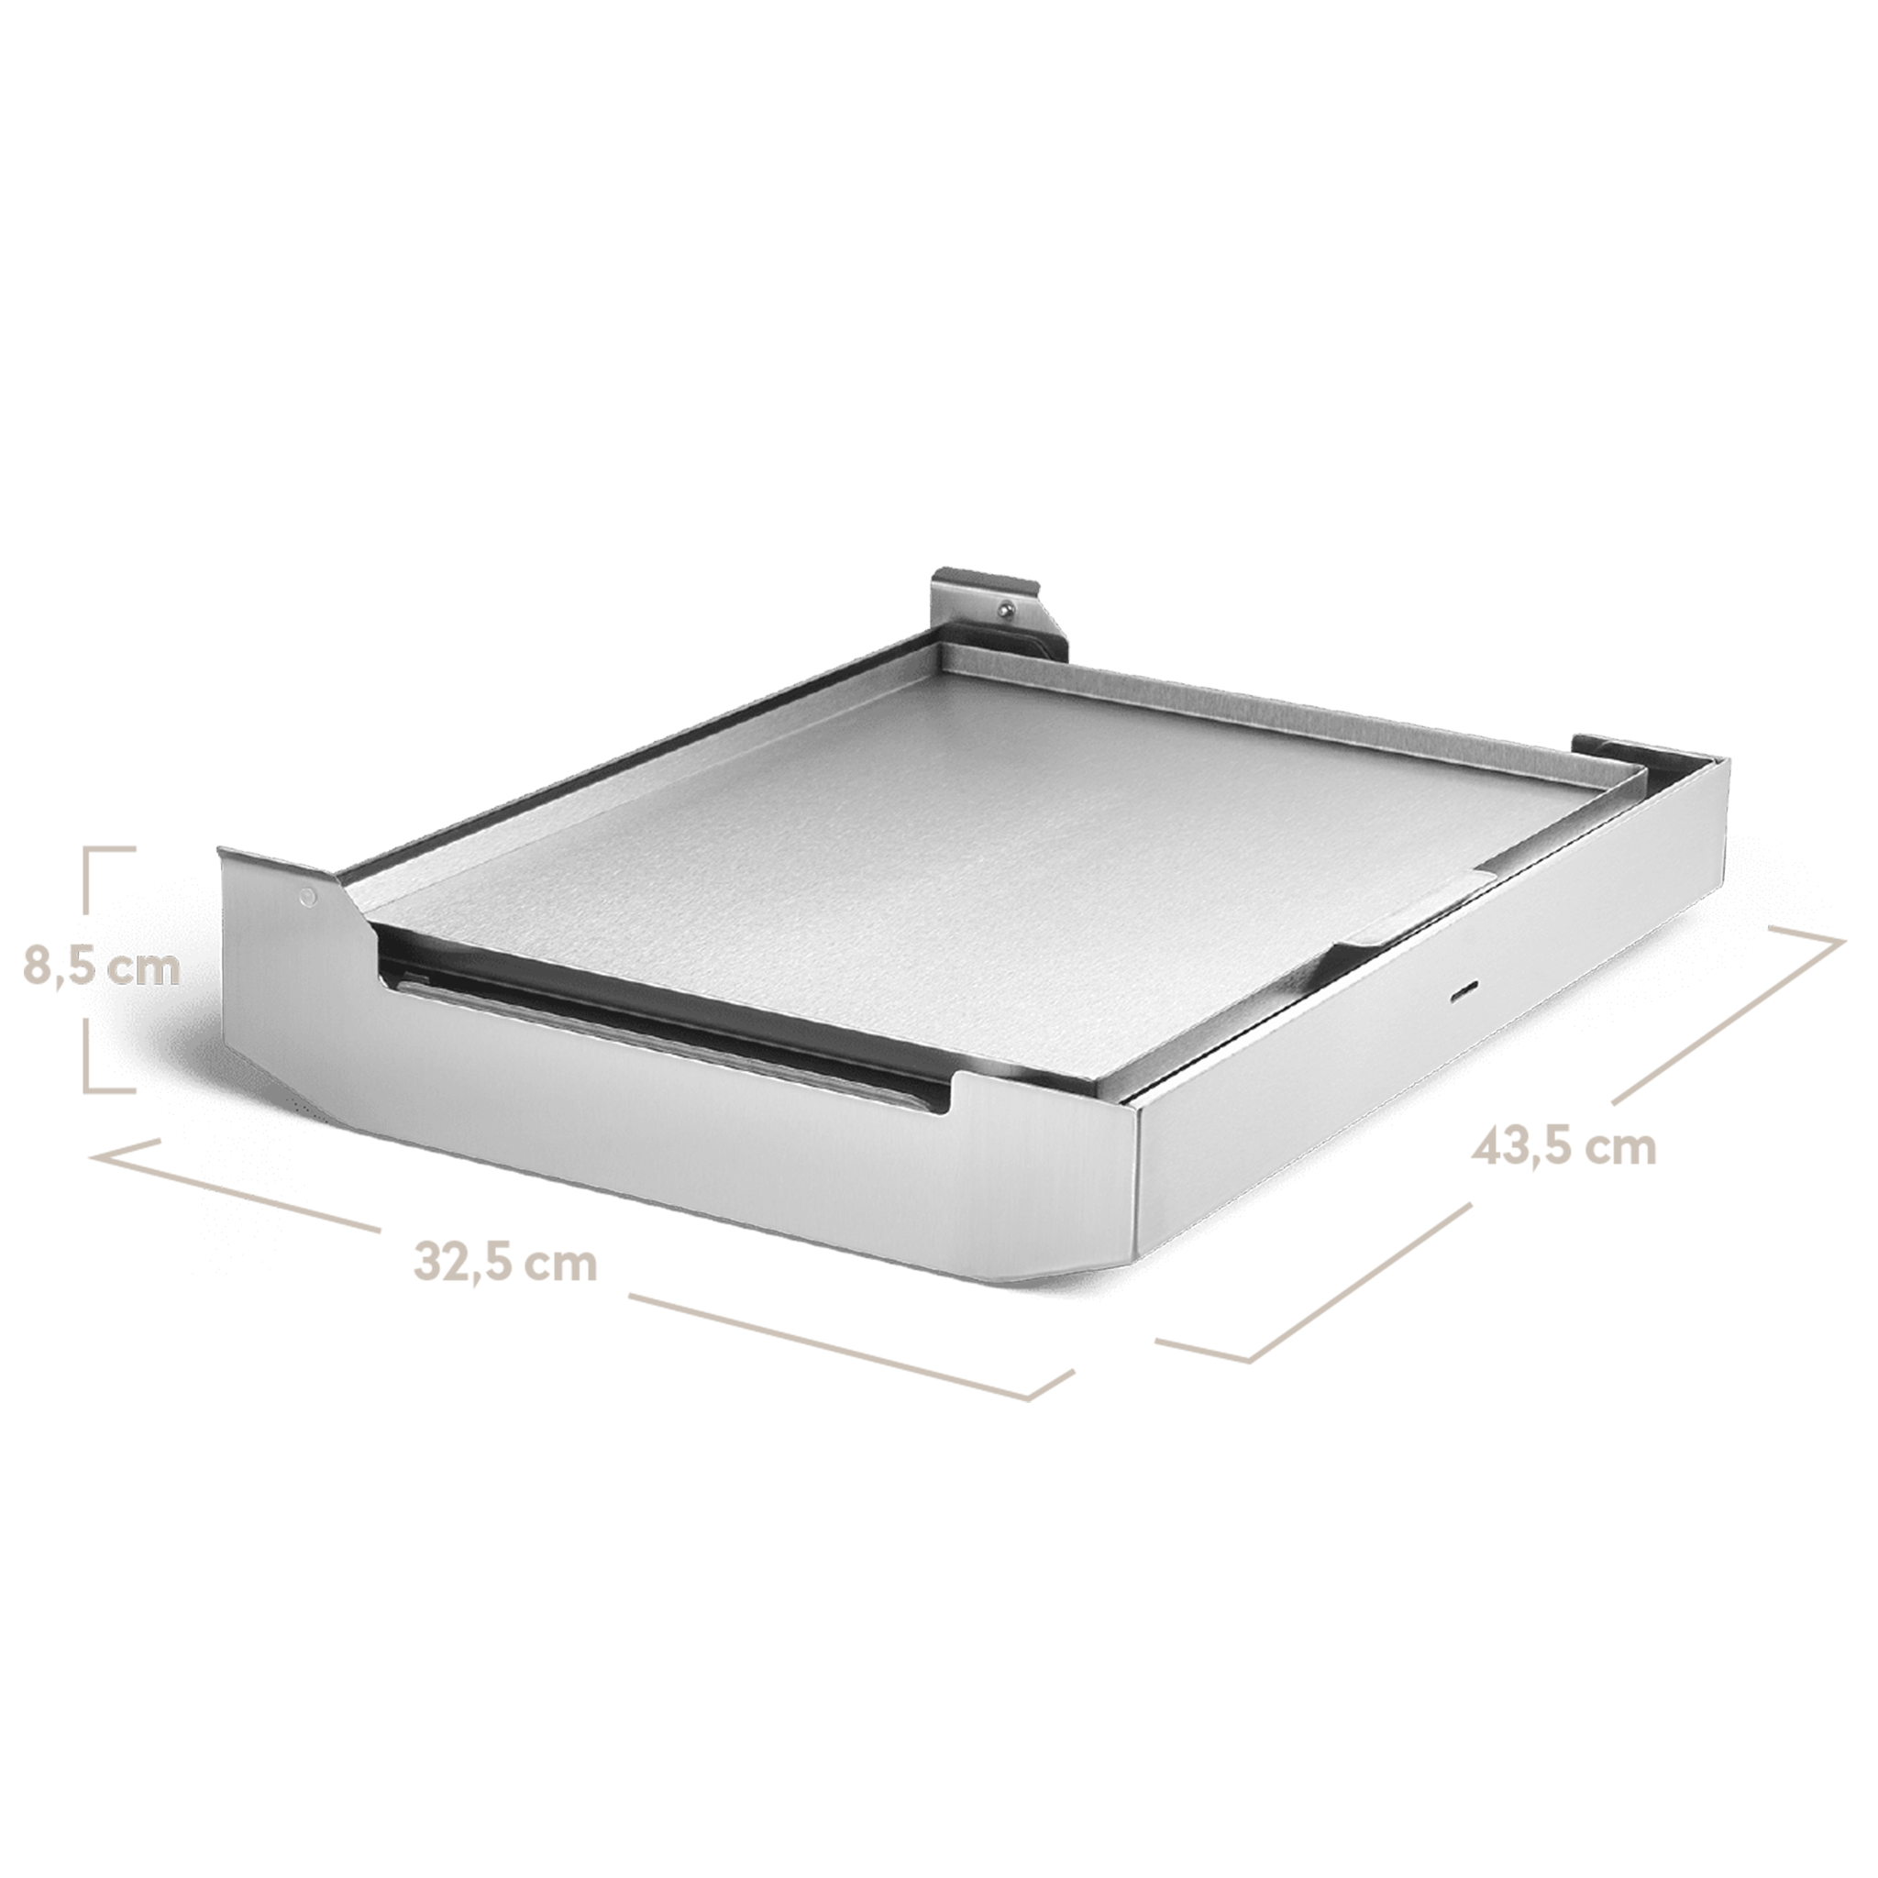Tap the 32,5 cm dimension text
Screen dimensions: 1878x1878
pyautogui.click(x=505, y=1263)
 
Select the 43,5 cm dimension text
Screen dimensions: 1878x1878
pyautogui.click(x=1564, y=1147)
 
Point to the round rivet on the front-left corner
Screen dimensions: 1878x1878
pyautogui.click(x=308, y=895)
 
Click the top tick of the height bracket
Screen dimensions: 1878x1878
pyautogui.click(x=110, y=849)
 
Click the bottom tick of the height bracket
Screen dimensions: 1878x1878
pyautogui.click(x=110, y=1089)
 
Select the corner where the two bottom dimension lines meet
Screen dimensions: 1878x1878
pyautogui.click(x=1248, y=1361)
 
